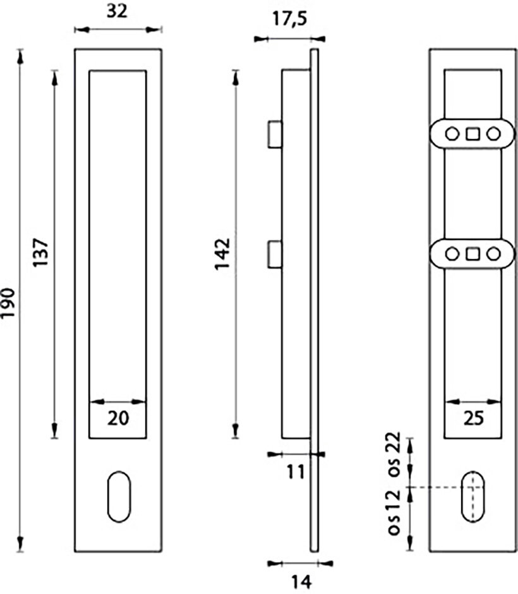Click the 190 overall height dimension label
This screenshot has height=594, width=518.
pos(8,303)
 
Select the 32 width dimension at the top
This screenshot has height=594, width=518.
pos(117,11)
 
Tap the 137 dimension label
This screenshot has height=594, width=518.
pos(40,252)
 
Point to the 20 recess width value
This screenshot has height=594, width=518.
pos(118,418)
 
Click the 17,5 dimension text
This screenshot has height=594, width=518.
pos(290,18)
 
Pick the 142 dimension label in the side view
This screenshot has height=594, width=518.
pos(222,254)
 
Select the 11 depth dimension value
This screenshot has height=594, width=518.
pos(296,472)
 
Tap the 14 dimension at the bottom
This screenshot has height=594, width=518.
pos(301,581)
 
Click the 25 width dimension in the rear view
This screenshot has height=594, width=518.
pos(473,418)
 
